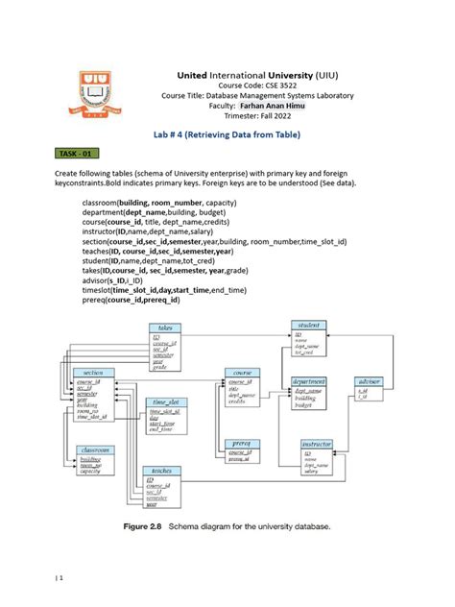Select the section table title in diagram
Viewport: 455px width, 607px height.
pyautogui.click(x=93, y=372)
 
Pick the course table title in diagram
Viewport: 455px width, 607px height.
pyautogui.click(x=240, y=371)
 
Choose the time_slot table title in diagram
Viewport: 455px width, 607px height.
pyautogui.click(x=165, y=401)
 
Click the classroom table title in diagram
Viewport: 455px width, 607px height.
pyautogui.click(x=94, y=449)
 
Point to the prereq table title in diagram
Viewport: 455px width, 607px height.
pyautogui.click(x=240, y=443)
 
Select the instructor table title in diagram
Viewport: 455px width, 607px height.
pyautogui.click(x=316, y=445)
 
